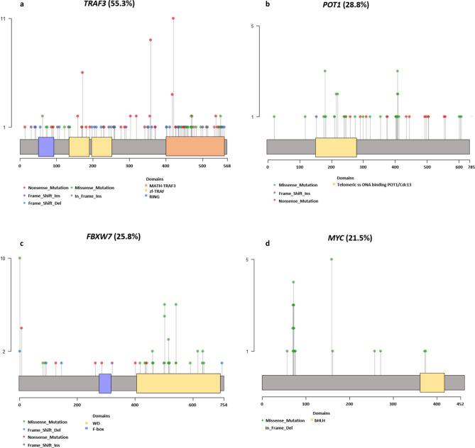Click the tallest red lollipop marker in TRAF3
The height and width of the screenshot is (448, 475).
coord(173,18)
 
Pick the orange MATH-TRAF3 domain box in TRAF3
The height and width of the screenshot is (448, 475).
coord(195,146)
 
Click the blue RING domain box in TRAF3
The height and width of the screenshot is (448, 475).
coord(46,146)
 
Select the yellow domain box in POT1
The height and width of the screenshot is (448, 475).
coord(336,146)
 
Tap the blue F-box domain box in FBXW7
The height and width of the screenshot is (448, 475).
coord(105,383)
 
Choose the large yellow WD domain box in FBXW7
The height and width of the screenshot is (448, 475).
coord(178,383)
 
